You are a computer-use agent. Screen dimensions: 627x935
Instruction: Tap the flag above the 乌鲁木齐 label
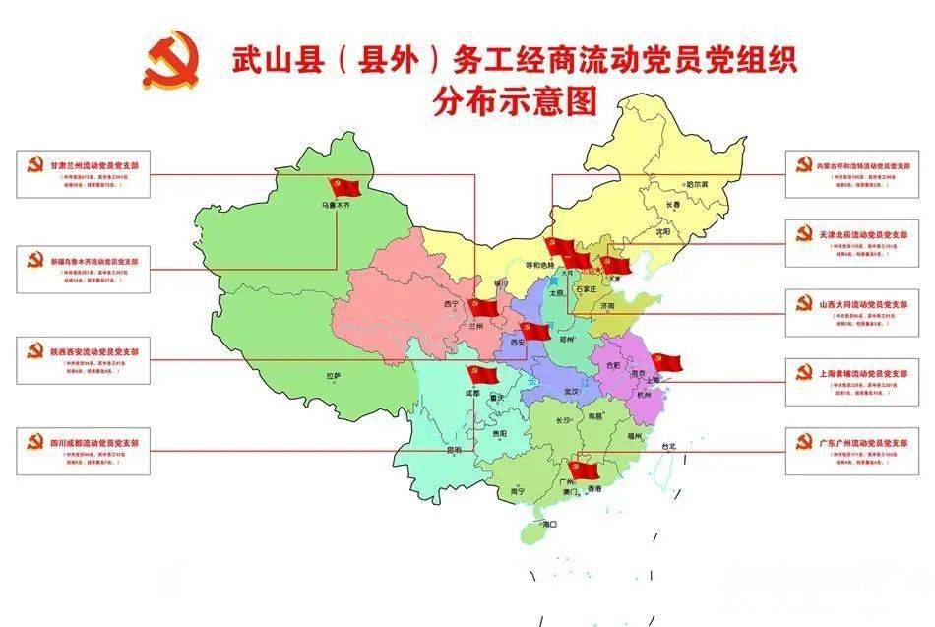[344, 187]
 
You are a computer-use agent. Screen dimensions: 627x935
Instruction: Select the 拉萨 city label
[335, 375]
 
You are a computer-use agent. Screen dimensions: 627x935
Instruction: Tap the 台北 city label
[669, 446]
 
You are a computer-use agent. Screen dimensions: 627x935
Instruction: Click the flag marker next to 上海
[666, 361]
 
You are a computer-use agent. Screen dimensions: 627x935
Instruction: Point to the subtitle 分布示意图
[516, 101]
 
